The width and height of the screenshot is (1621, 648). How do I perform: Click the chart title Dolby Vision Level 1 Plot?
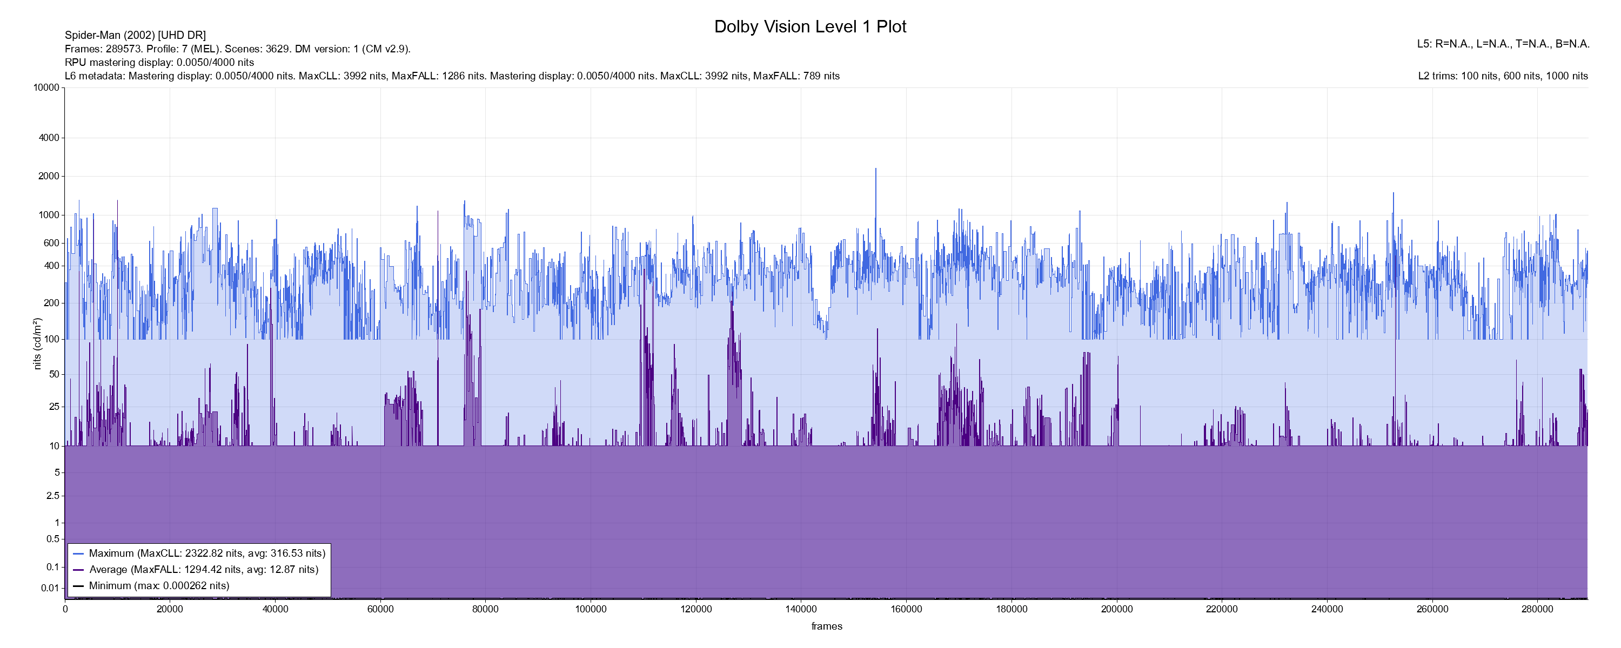click(810, 26)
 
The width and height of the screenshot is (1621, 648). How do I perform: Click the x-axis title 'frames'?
click(826, 626)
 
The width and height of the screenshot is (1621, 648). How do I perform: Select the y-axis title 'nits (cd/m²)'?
click(37, 343)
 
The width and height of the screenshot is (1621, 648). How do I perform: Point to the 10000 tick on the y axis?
click(46, 87)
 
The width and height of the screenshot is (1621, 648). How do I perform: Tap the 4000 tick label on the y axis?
click(49, 138)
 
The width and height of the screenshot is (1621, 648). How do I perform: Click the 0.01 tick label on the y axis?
click(50, 588)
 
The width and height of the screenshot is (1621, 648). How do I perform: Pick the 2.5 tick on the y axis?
click(53, 496)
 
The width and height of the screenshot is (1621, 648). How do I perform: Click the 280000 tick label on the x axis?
click(1537, 609)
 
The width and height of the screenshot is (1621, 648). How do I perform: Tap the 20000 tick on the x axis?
click(170, 609)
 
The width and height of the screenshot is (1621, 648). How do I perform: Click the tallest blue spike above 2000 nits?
click(875, 170)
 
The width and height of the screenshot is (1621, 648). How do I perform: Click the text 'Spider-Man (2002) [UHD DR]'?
click(135, 35)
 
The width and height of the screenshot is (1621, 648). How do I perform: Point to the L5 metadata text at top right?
click(1503, 44)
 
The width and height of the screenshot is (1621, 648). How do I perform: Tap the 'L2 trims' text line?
click(1503, 76)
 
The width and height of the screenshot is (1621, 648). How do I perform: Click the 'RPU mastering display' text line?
click(159, 62)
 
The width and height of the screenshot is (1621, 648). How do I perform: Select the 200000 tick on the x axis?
click(1117, 609)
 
